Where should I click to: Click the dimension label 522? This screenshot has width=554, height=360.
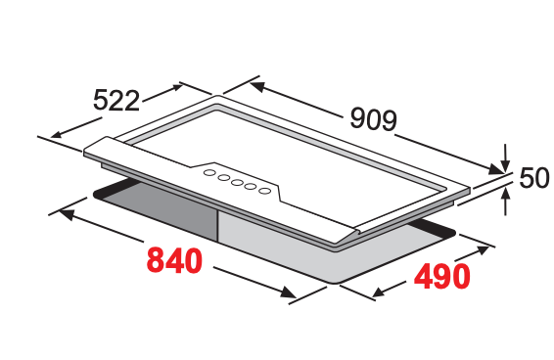point(116,101)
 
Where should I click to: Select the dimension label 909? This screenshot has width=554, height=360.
point(374,119)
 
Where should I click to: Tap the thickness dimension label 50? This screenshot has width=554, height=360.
point(534,178)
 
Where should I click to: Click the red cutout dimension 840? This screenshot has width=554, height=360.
point(174,261)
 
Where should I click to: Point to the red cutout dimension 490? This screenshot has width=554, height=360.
point(442,276)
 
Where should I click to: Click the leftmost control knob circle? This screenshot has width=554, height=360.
point(209,173)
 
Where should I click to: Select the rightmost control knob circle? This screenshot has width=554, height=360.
point(264,191)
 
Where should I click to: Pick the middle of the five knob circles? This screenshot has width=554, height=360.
point(237,182)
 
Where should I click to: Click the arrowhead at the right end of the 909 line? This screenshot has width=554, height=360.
point(495,169)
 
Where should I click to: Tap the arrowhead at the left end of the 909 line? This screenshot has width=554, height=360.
point(257,86)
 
